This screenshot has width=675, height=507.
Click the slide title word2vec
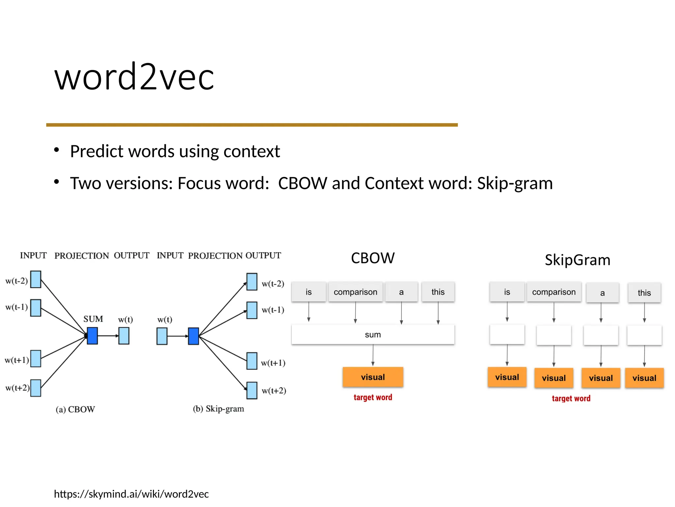(x=134, y=77)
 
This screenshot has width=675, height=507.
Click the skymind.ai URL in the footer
(x=131, y=494)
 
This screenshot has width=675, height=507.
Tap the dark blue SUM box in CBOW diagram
(x=92, y=336)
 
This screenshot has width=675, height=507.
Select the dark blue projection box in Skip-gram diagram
(x=193, y=336)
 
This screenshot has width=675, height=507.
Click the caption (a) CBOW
(x=75, y=409)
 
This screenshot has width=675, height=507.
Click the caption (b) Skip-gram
(x=218, y=409)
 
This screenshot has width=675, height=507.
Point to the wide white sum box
(x=372, y=334)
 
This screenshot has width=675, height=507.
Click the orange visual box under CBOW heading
(x=373, y=377)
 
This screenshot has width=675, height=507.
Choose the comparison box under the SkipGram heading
(x=554, y=292)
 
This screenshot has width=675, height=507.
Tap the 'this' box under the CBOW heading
(x=438, y=292)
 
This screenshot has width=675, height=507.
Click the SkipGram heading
(x=577, y=260)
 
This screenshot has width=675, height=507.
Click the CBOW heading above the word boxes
(x=372, y=258)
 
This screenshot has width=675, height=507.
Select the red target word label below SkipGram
(x=571, y=398)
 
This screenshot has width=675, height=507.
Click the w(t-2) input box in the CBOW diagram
(x=36, y=279)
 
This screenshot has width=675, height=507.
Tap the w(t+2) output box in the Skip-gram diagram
(x=252, y=390)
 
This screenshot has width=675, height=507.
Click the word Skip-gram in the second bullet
(x=514, y=183)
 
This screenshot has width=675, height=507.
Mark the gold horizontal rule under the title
(x=252, y=125)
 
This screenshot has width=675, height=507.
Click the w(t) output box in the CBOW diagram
(x=124, y=336)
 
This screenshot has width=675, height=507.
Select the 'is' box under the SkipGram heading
(x=507, y=292)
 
